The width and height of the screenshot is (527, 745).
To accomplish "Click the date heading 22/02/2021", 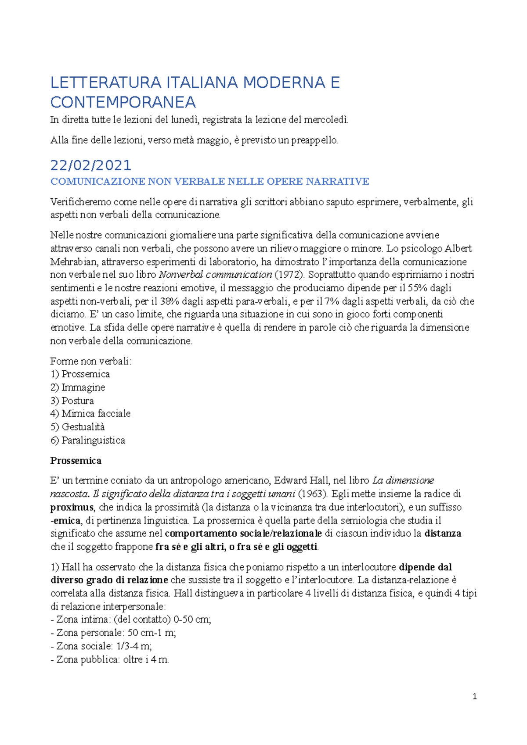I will tap(90, 165).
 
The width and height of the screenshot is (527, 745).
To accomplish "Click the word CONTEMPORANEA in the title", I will tap(123, 102).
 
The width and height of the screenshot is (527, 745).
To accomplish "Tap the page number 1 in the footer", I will tap(474, 696).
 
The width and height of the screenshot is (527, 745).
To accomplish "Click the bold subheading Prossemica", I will tap(76, 461).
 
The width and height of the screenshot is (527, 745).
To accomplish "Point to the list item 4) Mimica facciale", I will tap(90, 413).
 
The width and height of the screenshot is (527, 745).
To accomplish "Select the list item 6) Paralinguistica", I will tap(87, 440).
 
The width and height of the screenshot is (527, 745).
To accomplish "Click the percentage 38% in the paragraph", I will tap(170, 301).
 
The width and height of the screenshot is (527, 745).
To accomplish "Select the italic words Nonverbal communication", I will tap(215, 275).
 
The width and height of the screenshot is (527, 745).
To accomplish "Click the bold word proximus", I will tap(72, 507).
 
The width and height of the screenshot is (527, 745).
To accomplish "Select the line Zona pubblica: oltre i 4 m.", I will tap(110, 659).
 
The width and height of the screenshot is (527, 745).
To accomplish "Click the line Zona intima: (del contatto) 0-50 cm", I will tap(131, 620).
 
